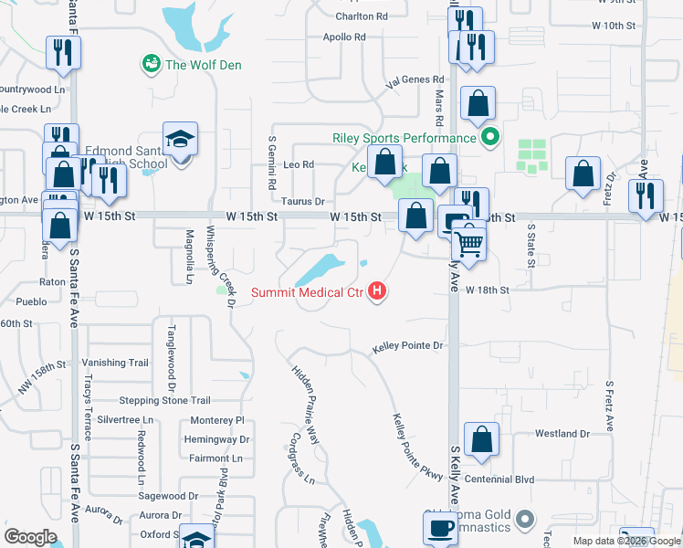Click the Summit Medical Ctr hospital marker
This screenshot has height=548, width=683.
click(377, 293)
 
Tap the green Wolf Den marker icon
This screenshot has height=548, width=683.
click(151, 64)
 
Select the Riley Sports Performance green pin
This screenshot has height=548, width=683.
click(489, 138)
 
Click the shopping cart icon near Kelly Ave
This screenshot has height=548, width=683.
click(468, 243)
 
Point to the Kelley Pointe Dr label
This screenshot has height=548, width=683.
click(407, 347)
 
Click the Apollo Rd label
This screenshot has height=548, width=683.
click(344, 37)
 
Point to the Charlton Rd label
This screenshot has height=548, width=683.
click(362, 16)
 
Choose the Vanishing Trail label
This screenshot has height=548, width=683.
click(115, 363)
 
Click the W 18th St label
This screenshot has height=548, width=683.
click(487, 290)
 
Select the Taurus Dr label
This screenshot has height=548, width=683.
click(303, 201)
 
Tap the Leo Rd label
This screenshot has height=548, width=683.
click(299, 165)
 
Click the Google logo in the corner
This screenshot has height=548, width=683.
click(30, 537)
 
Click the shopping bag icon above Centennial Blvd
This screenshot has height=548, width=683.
click(481, 439)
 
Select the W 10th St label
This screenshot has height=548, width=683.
click(614, 26)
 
